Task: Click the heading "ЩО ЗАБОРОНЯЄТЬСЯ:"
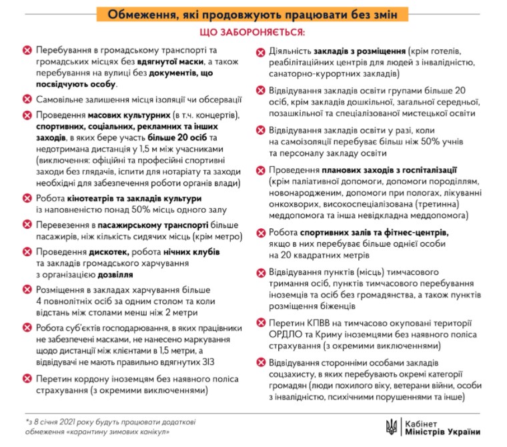[x=253, y=33]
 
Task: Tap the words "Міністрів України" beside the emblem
[x=436, y=431]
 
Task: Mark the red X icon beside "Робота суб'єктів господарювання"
[x=27, y=328]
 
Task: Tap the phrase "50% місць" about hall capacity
[x=141, y=209]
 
